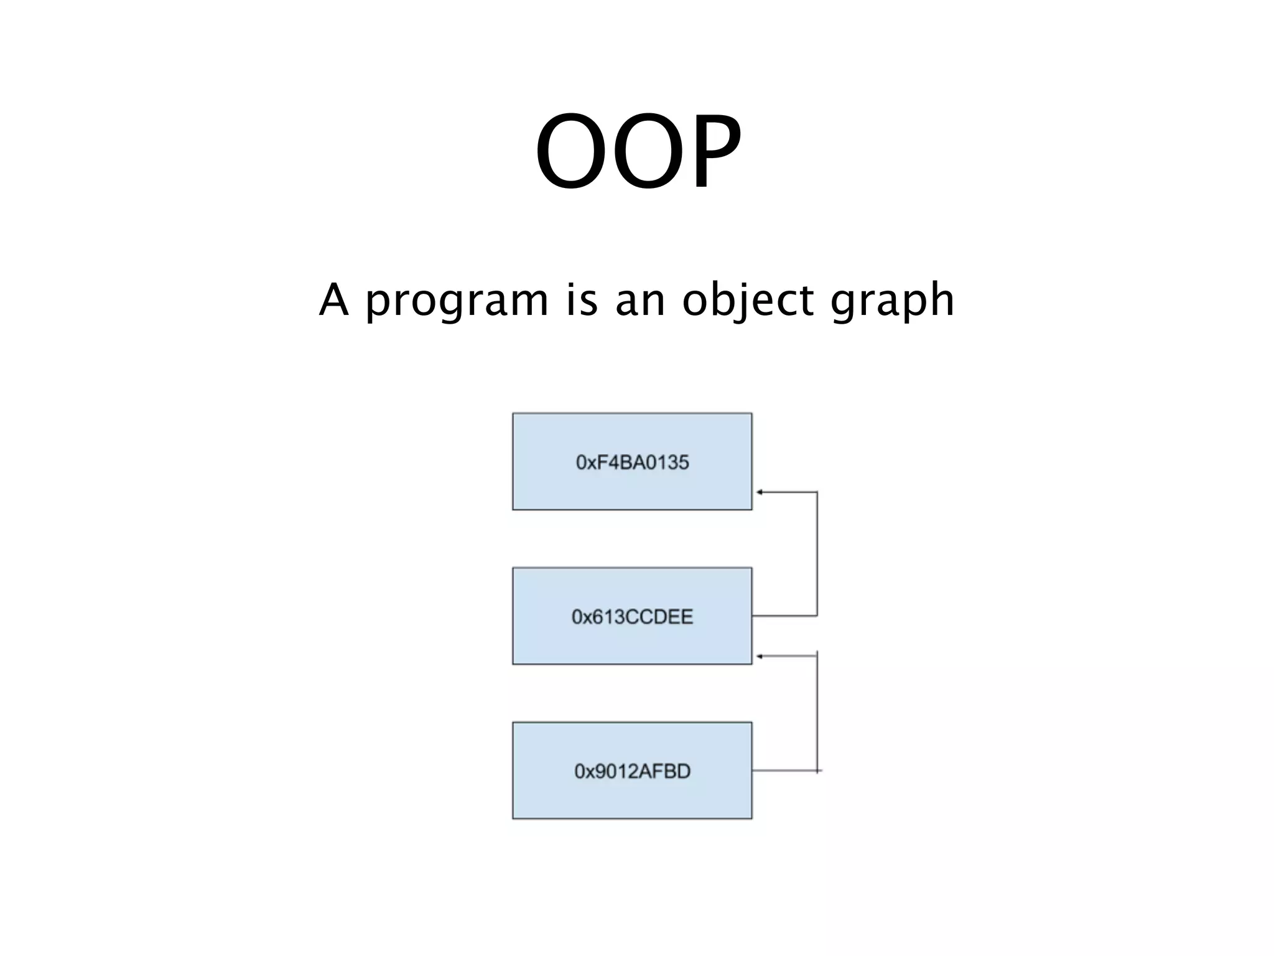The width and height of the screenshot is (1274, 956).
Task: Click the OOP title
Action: (638, 151)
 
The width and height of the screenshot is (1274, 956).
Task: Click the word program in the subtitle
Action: (456, 301)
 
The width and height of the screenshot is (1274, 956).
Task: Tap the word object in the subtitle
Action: (748, 301)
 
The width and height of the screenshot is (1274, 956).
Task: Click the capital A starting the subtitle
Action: (333, 299)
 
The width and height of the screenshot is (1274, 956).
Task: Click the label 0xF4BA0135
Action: (632, 462)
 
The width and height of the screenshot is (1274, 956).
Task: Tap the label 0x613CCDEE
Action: (632, 617)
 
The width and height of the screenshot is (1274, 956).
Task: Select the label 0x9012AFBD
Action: (632, 771)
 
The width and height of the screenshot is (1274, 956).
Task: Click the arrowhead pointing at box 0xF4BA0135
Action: (760, 492)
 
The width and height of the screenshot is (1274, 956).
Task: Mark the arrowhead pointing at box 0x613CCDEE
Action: (760, 657)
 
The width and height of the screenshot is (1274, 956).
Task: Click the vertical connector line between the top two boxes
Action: (817, 554)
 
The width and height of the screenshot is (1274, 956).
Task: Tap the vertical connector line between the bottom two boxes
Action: (817, 713)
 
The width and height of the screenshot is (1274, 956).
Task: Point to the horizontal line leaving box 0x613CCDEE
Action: (784, 616)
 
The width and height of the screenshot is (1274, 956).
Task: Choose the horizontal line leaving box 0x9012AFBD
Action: (784, 771)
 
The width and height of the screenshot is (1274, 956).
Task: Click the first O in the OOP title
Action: (568, 151)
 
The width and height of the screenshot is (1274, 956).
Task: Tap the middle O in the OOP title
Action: (641, 151)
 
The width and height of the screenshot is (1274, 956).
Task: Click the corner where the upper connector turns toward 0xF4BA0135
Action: (817, 492)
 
